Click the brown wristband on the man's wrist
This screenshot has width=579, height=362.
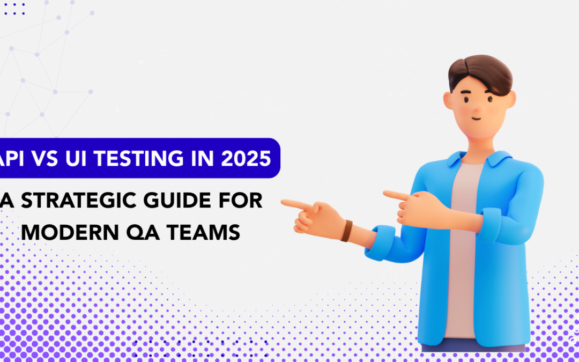coord(346,231)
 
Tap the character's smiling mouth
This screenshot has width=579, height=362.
coord(477,119)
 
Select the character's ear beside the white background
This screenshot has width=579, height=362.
coord(448,100)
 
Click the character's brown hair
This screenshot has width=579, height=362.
coord(480,74)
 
